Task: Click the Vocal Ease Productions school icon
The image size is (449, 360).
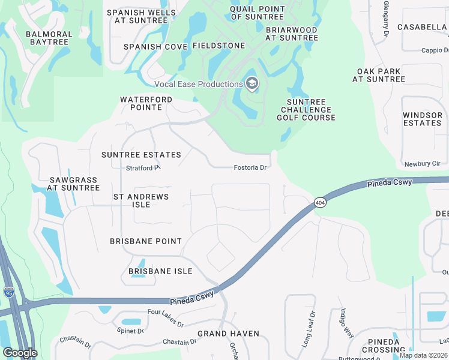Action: [252, 84]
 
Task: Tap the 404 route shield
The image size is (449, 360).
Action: [319, 203]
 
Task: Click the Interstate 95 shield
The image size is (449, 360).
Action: [9, 292]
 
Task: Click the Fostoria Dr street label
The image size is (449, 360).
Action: [250, 168]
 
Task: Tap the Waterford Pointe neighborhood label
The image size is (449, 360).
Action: [146, 103]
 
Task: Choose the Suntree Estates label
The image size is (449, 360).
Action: [141, 155]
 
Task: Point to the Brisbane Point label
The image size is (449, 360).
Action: [146, 241]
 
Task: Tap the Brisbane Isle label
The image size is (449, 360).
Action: [160, 271]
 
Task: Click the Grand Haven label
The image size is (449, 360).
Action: [229, 334]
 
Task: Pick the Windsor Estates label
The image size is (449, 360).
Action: [422, 119]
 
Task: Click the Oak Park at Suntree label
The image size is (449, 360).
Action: [379, 75]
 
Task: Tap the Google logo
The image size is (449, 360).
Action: [20, 353]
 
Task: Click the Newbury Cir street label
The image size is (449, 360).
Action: [422, 163]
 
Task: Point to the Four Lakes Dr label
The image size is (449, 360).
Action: [166, 318]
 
